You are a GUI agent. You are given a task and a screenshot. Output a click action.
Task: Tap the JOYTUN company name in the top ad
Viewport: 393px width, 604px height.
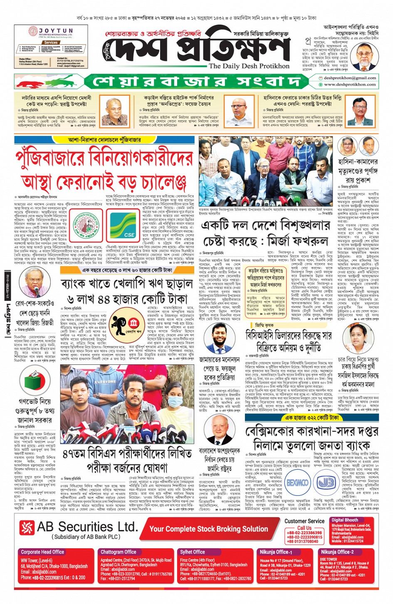pos(55,31)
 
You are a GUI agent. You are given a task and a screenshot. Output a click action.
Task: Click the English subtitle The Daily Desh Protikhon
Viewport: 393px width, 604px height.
pos(249,66)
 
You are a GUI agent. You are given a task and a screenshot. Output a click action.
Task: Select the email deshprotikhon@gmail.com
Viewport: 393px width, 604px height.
pos(350,78)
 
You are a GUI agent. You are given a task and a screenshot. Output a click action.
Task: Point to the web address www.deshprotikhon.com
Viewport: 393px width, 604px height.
pos(350,84)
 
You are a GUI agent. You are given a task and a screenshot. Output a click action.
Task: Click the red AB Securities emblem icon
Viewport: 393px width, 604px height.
pos(27,527)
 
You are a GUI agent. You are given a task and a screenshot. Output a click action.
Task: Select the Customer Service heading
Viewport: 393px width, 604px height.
pos(304,521)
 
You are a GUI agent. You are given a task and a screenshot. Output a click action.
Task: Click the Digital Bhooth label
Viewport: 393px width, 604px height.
pos(344,520)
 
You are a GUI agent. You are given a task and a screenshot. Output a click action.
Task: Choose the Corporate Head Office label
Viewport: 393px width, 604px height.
pos(42,552)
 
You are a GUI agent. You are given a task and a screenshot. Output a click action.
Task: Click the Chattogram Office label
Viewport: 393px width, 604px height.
pos(119,552)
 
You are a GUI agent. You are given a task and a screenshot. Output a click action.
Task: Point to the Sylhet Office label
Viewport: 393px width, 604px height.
pos(192,552)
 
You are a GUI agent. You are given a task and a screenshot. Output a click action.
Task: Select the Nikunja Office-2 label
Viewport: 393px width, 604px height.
pos(337,552)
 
